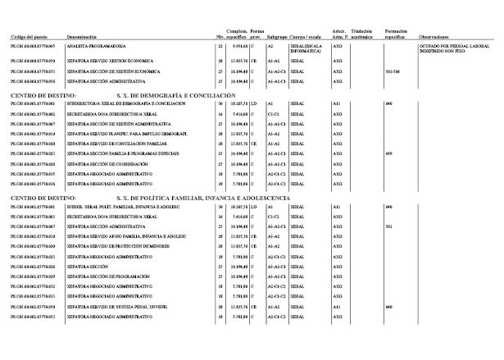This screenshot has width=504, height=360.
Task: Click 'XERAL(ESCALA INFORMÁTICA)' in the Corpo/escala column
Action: click(x=309, y=50)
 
